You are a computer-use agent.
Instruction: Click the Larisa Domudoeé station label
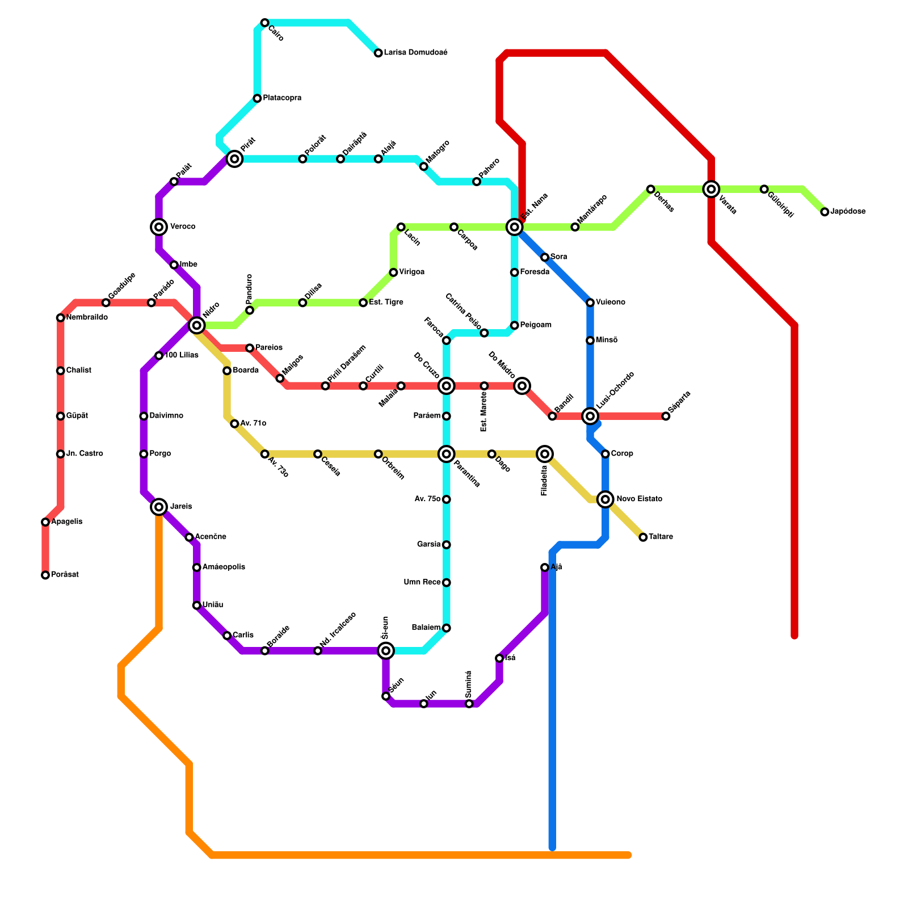click(x=415, y=53)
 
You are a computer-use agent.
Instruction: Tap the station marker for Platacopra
click(x=257, y=99)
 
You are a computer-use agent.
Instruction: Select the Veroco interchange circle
click(x=159, y=227)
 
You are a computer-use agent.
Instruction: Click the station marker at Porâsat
click(x=45, y=575)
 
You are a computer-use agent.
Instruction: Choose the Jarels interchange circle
click(x=159, y=507)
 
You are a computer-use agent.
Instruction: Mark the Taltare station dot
click(x=643, y=537)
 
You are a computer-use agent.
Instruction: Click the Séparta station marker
click(x=666, y=417)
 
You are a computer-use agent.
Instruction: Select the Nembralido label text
click(x=87, y=318)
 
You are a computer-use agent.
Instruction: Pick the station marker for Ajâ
click(x=545, y=567)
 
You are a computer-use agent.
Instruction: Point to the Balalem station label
click(x=426, y=628)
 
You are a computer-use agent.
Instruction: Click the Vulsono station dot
click(x=590, y=302)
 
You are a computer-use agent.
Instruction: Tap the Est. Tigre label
click(x=386, y=302)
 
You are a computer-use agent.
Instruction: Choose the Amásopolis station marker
click(x=196, y=567)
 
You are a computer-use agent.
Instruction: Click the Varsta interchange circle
click(x=711, y=189)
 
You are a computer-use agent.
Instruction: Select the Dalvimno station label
click(x=166, y=416)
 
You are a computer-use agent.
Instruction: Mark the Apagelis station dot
click(x=45, y=522)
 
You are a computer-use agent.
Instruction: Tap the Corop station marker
click(x=606, y=454)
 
